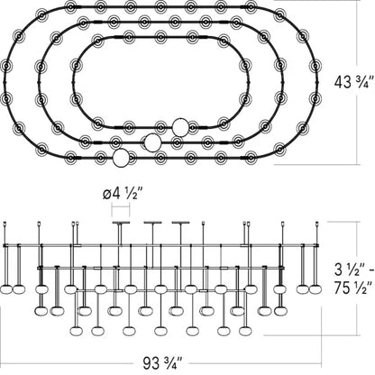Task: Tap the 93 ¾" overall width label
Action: (162, 363)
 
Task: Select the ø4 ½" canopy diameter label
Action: (122, 195)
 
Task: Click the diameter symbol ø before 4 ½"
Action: (107, 195)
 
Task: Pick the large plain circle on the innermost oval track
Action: (180, 127)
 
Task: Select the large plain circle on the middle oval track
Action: (152, 142)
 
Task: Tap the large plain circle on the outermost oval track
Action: (121, 158)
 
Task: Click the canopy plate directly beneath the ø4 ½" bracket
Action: (121, 223)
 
